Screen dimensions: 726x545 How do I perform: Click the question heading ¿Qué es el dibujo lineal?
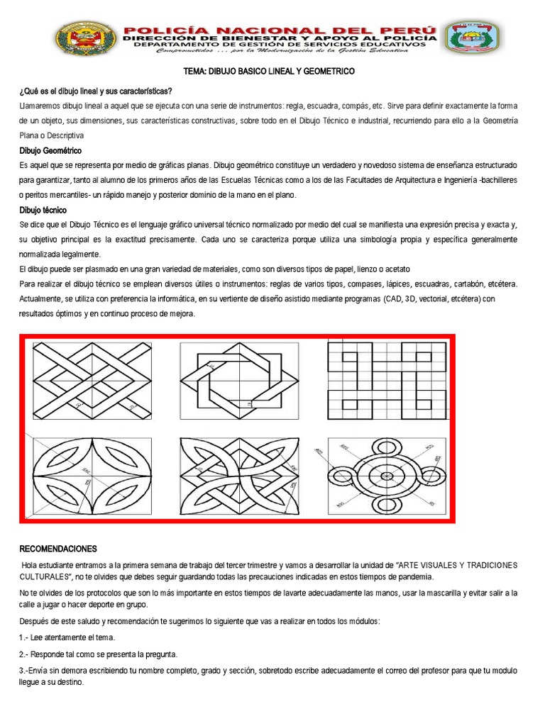pyautogui.click(x=95, y=91)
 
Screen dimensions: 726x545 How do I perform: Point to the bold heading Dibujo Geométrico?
pyautogui.click(x=50, y=151)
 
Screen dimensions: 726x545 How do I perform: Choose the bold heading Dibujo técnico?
pyautogui.click(x=43, y=210)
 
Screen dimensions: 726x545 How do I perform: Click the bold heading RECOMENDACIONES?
pyautogui.click(x=58, y=549)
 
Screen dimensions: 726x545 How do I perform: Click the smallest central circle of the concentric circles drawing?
pyautogui.click(x=387, y=476)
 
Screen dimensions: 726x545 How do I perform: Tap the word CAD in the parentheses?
pyautogui.click(x=390, y=299)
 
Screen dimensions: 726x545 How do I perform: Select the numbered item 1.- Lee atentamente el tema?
pyautogui.click(x=67, y=637)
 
